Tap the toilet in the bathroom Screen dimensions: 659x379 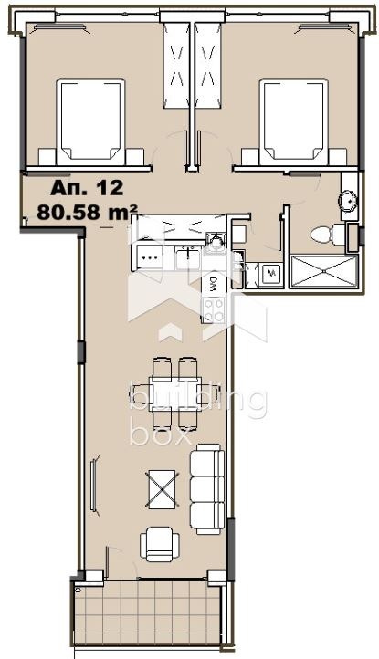(x=322, y=235)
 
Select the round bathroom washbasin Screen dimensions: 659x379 (x=349, y=202)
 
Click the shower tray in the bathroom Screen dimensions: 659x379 (x=322, y=272)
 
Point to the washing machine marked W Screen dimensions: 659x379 (x=271, y=273)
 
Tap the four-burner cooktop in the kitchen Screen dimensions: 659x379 (x=214, y=309)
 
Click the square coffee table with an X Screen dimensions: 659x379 (x=162, y=487)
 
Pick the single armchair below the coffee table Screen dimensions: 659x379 (x=157, y=545)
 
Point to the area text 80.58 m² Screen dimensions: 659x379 (x=88, y=214)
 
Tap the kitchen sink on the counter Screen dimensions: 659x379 (x=216, y=240)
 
